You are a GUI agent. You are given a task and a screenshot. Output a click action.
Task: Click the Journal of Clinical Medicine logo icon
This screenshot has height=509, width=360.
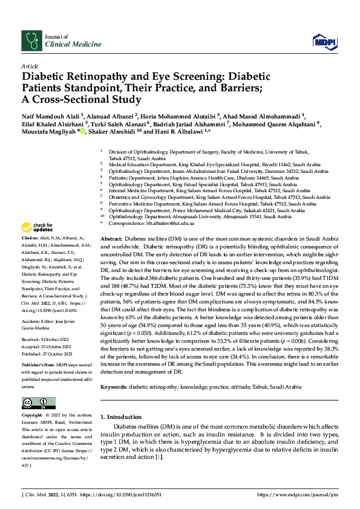[31, 40]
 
